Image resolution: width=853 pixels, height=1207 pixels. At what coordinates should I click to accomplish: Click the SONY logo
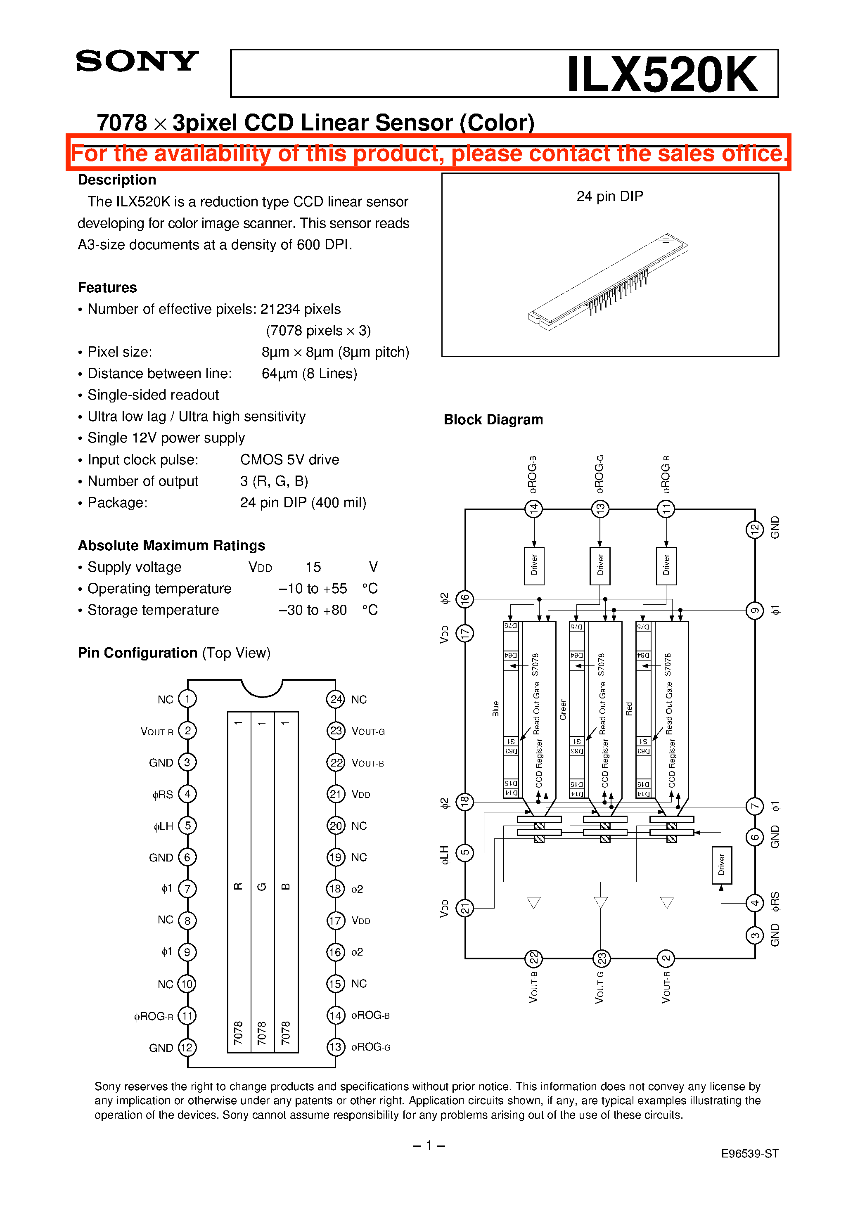pyautogui.click(x=137, y=62)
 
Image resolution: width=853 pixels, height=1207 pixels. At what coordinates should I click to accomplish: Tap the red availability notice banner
pyautogui.click(x=428, y=153)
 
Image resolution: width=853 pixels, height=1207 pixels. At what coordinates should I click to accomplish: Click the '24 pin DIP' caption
pyautogui.click(x=609, y=196)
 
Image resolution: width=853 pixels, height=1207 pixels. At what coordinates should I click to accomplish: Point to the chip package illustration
pyautogui.click(x=608, y=282)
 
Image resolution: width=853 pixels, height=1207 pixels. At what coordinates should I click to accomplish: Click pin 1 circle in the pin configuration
pyautogui.click(x=187, y=699)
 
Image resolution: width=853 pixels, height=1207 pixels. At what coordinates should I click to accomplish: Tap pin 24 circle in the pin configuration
pyautogui.click(x=336, y=699)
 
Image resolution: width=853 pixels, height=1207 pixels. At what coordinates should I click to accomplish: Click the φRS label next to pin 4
pyautogui.click(x=163, y=794)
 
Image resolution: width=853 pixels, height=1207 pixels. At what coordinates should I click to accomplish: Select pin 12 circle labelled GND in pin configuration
pyautogui.click(x=187, y=1047)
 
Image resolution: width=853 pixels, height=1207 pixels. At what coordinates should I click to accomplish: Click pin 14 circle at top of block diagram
pyautogui.click(x=534, y=508)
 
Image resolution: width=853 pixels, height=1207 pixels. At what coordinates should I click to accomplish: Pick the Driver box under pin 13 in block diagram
pyautogui.click(x=600, y=566)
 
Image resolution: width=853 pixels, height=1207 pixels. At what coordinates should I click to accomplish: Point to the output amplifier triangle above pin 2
pyautogui.click(x=667, y=902)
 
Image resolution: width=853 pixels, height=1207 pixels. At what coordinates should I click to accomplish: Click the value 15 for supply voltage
pyautogui.click(x=313, y=567)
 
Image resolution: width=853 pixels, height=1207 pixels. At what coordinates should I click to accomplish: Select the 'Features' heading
pyautogui.click(x=107, y=288)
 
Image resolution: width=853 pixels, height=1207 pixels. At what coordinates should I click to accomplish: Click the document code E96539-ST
pyautogui.click(x=749, y=1153)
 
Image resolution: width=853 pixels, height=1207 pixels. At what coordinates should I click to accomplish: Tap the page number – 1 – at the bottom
pyautogui.click(x=429, y=1145)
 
